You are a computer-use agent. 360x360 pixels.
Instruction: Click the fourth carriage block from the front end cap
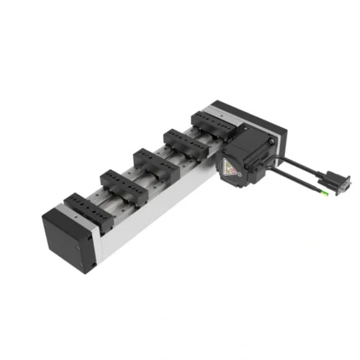(x=184, y=140)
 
